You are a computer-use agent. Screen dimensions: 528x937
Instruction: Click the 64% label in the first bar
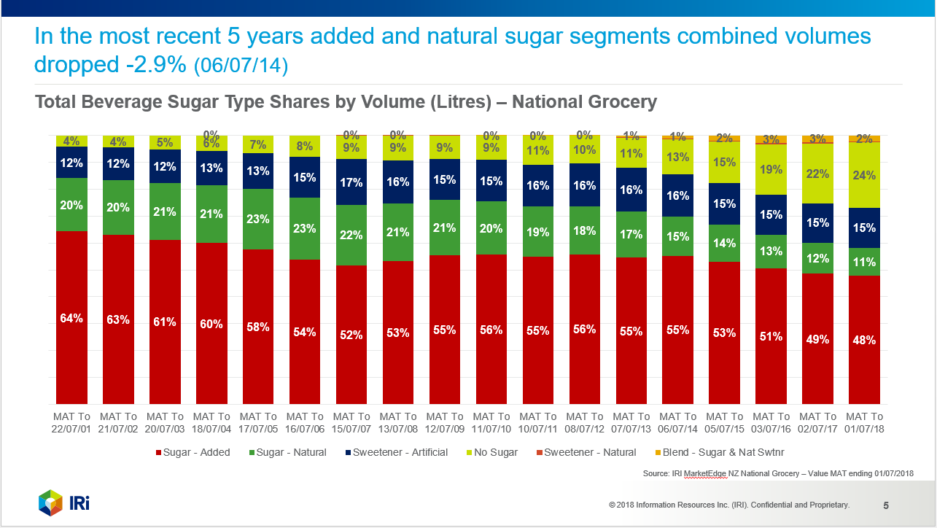[71, 318]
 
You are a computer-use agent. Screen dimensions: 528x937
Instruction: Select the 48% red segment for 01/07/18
[864, 340]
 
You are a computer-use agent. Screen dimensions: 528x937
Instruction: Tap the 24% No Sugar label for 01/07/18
[864, 175]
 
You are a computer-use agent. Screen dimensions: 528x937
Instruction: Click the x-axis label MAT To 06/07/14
[677, 423]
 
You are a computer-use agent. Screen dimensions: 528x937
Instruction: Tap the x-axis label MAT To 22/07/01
[71, 423]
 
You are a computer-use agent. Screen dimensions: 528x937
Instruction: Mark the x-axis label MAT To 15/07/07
[351, 423]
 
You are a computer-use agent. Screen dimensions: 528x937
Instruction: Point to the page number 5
[886, 505]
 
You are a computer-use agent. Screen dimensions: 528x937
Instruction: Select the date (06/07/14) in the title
[241, 66]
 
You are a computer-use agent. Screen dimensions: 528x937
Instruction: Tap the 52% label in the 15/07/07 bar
[351, 335]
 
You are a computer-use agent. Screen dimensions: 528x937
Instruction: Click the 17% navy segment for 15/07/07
[351, 182]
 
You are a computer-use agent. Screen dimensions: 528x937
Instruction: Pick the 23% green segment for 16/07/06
[305, 228]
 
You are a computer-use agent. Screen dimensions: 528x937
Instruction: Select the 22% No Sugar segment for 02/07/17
[817, 174]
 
